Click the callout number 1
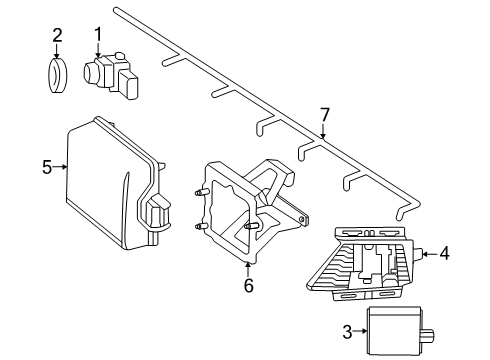coord(98,34)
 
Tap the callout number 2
coord(57,35)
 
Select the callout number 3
coord(347,332)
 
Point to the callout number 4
coord(444,254)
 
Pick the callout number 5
coord(47,167)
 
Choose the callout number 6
coord(248,285)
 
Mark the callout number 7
coord(324,115)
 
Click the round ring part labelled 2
coord(57,76)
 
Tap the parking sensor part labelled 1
coord(110,75)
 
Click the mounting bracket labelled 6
coord(247,210)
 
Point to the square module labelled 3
coord(395,331)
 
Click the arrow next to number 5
coord(60,167)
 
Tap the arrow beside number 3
coord(360,331)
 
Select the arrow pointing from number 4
coord(430,254)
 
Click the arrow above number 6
coord(248,270)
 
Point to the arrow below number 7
coord(323,131)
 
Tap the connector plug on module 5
coord(158,210)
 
